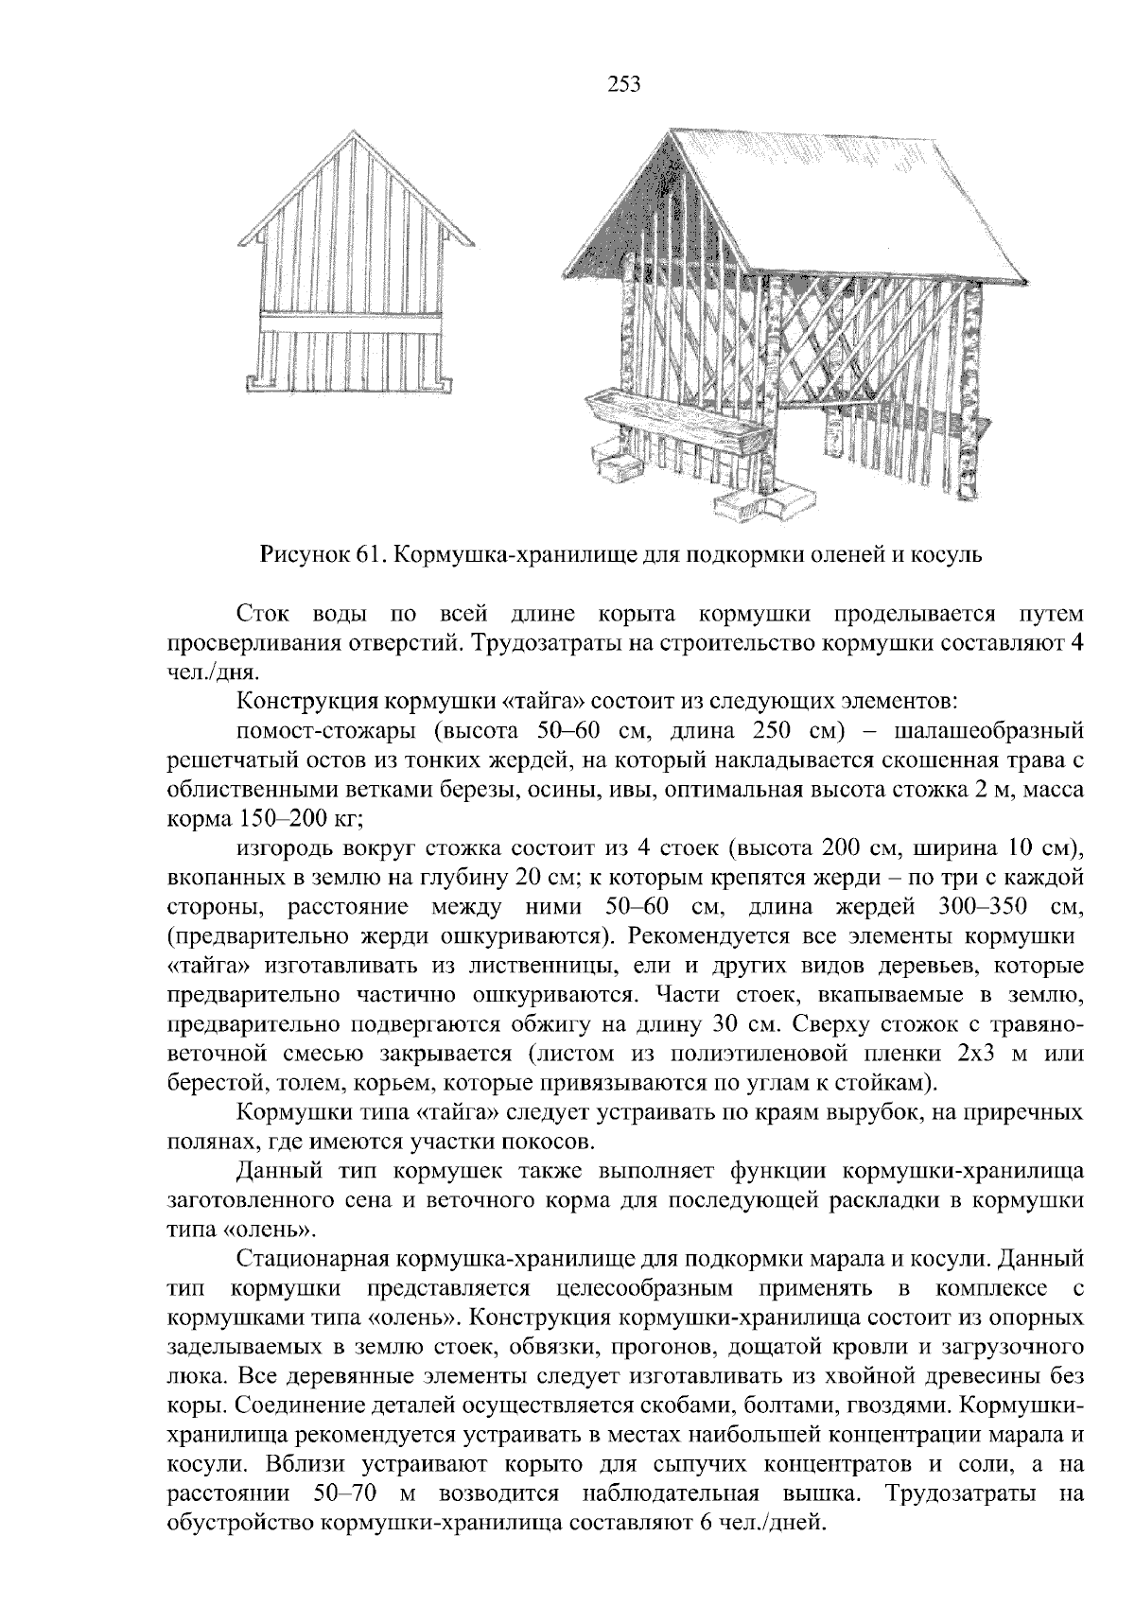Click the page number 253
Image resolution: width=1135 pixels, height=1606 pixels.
[x=623, y=86]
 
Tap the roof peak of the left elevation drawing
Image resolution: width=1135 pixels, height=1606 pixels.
[x=353, y=132]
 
